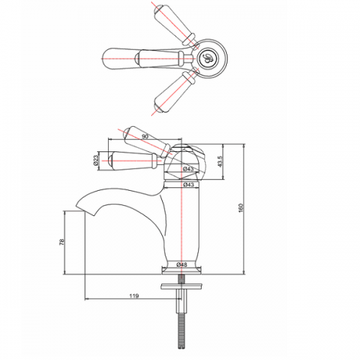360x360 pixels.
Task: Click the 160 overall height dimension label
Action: click(241, 208)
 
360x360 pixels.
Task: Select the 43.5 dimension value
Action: click(221, 161)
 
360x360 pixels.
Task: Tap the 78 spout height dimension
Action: click(62, 242)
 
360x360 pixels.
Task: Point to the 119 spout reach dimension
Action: click(134, 296)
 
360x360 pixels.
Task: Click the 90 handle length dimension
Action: click(145, 137)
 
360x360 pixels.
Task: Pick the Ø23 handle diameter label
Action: click(96, 161)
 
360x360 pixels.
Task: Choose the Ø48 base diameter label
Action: click(181, 265)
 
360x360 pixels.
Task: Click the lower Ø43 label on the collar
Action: click(188, 185)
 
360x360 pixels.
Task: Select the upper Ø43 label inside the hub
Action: click(188, 169)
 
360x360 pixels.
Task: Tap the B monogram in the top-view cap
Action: click(207, 58)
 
